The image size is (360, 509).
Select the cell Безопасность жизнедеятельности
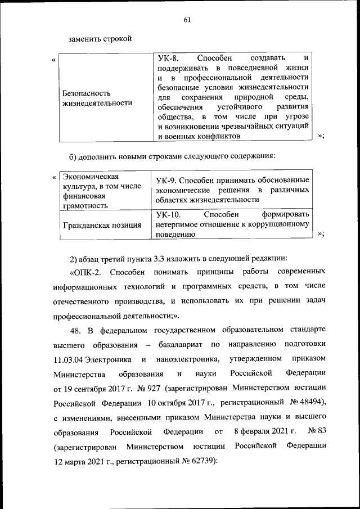(x=93, y=98)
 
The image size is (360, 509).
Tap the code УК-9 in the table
(x=168, y=179)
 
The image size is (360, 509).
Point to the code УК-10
(x=169, y=214)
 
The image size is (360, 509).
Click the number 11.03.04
(x=72, y=359)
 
